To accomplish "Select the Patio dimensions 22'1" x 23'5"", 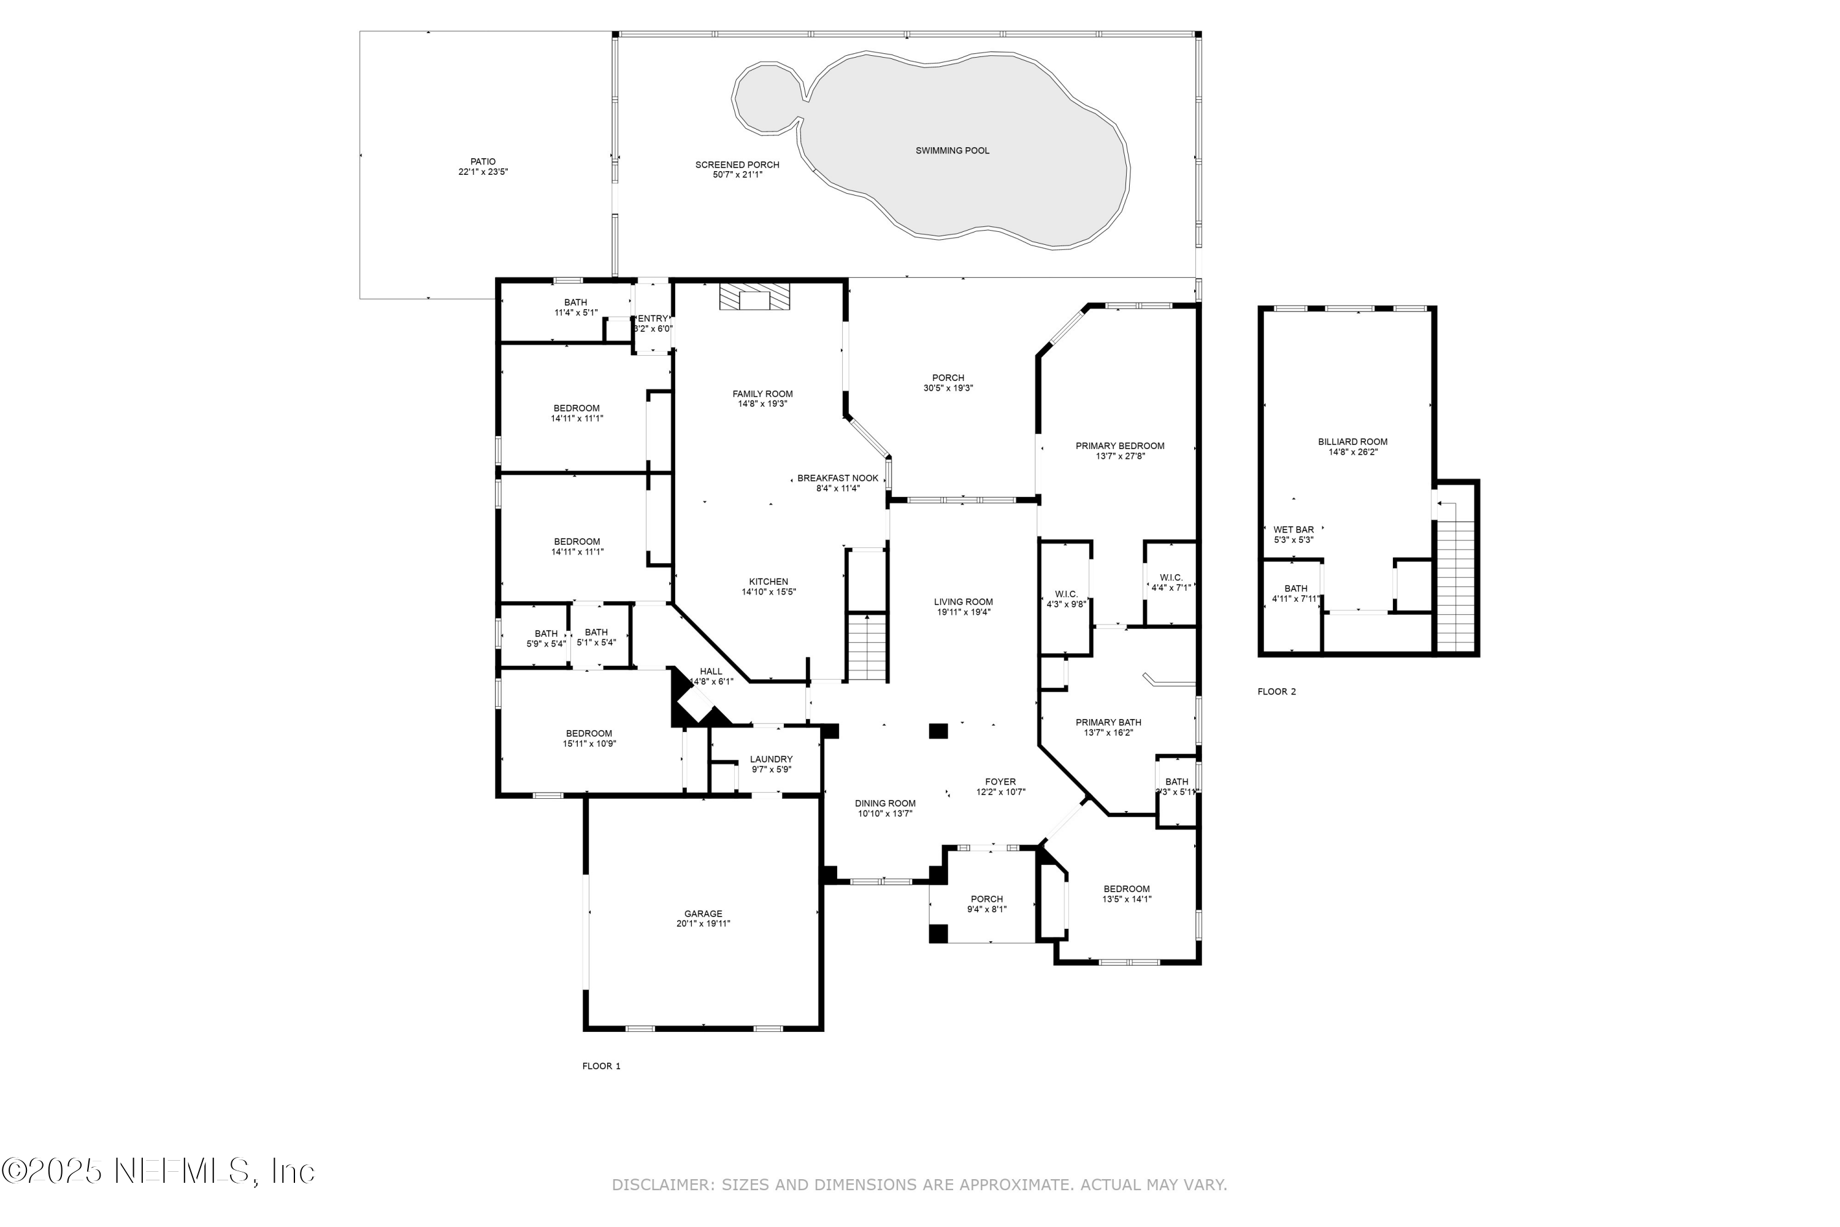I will point(483,172).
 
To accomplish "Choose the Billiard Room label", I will point(1352,441).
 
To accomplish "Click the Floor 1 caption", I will point(601,1066).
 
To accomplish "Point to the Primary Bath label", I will point(1108,722).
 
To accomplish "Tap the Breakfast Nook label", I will point(837,478).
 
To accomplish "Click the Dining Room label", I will point(885,804).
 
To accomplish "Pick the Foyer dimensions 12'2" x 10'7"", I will point(1000,792).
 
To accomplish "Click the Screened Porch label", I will point(737,165).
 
